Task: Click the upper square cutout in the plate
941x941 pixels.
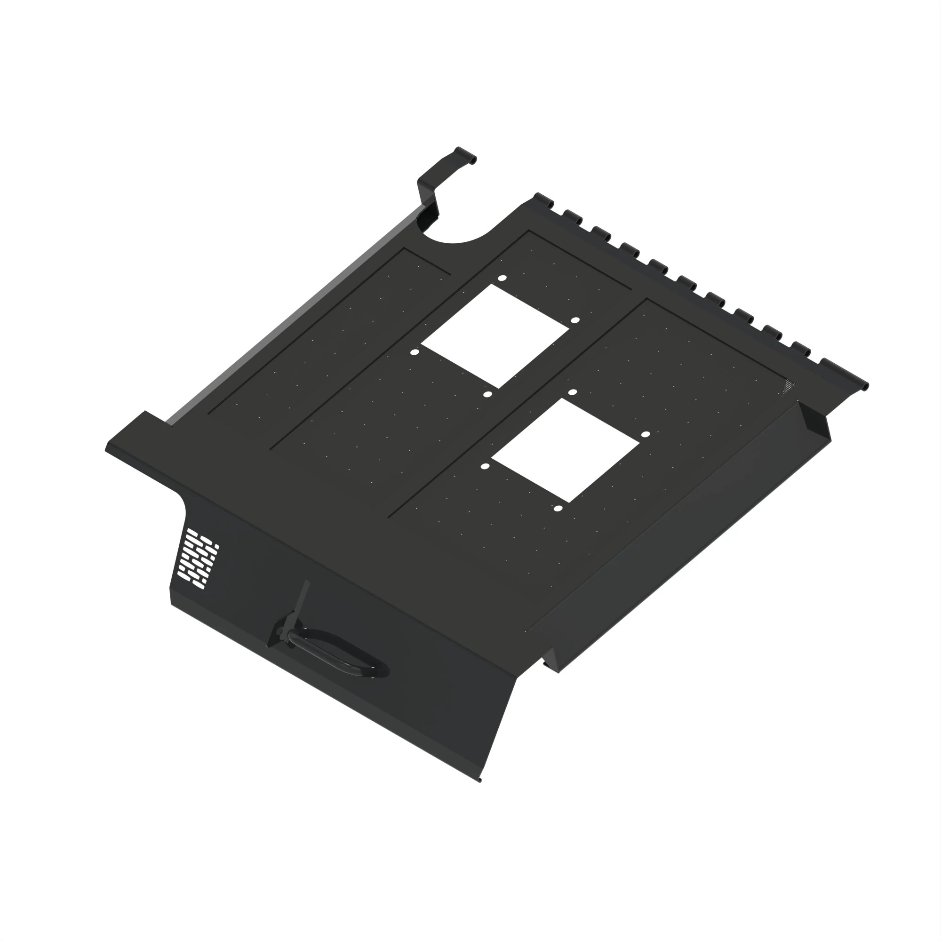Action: pyautogui.click(x=495, y=335)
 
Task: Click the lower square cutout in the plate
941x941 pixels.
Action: pyautogui.click(x=565, y=451)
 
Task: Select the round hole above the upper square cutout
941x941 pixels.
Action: pyautogui.click(x=502, y=278)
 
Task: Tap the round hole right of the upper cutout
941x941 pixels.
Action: pyautogui.click(x=575, y=320)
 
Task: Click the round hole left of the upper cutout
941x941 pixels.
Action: pyautogui.click(x=415, y=351)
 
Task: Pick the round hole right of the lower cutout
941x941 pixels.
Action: pyautogui.click(x=646, y=434)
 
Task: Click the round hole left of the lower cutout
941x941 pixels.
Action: pyautogui.click(x=485, y=466)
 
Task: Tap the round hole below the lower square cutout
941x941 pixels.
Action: pyautogui.click(x=558, y=509)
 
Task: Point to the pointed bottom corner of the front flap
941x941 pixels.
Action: pyautogui.click(x=479, y=780)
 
